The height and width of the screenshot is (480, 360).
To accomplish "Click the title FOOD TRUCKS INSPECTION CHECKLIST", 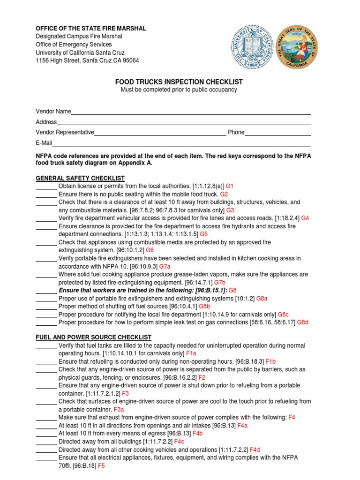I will coord(179,82).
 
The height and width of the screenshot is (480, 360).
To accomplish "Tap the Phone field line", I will coord(278,135).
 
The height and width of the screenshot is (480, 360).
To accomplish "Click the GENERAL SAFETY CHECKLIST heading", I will coord(80,178).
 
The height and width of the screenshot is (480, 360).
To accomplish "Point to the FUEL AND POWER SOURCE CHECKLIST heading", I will coord(94,337).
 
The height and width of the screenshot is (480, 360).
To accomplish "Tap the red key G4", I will coord(305,218).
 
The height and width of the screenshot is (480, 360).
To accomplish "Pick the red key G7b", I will coord(220,283).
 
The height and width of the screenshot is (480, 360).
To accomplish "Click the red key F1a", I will coord(191,353).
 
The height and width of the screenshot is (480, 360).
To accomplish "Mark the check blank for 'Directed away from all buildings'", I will coord(46,442).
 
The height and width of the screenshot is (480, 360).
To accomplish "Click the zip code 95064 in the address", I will coord(130,60).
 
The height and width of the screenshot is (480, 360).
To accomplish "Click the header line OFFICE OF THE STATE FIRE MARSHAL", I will coord(91,29).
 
